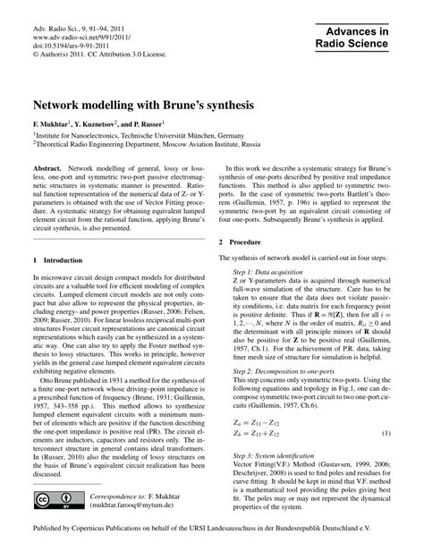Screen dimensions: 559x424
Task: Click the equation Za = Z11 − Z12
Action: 264,421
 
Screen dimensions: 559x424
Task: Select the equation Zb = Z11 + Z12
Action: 264,434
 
